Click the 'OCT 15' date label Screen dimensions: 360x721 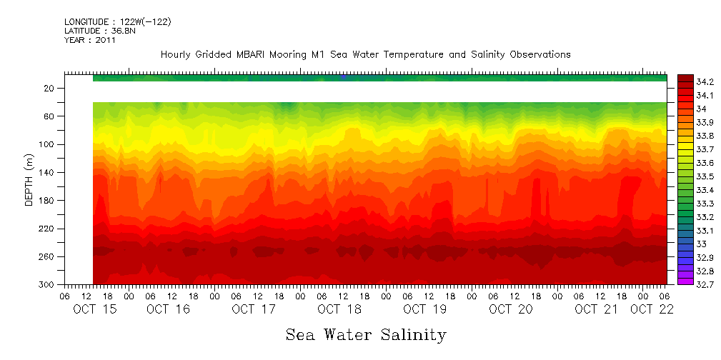coord(95,309)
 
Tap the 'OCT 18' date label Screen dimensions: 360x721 coord(339,309)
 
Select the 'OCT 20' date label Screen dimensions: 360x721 coord(510,309)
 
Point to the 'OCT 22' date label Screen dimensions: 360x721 coord(650,309)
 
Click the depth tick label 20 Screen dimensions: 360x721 coord(49,89)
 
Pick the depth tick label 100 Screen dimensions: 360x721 coord(47,145)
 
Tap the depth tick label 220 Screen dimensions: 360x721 coord(47,229)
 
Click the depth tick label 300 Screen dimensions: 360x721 coord(47,285)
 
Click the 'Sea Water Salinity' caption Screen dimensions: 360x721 coord(366,335)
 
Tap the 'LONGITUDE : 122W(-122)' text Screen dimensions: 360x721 coord(117,22)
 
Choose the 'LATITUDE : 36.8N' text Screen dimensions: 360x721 coord(104,31)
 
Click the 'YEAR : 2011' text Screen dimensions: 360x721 coord(90,41)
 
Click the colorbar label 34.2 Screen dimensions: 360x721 coord(705,82)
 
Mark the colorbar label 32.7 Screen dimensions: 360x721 coord(705,284)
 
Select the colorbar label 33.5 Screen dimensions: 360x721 coord(705,176)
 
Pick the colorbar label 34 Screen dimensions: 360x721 coord(701,109)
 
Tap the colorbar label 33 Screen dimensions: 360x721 coord(701,244)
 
